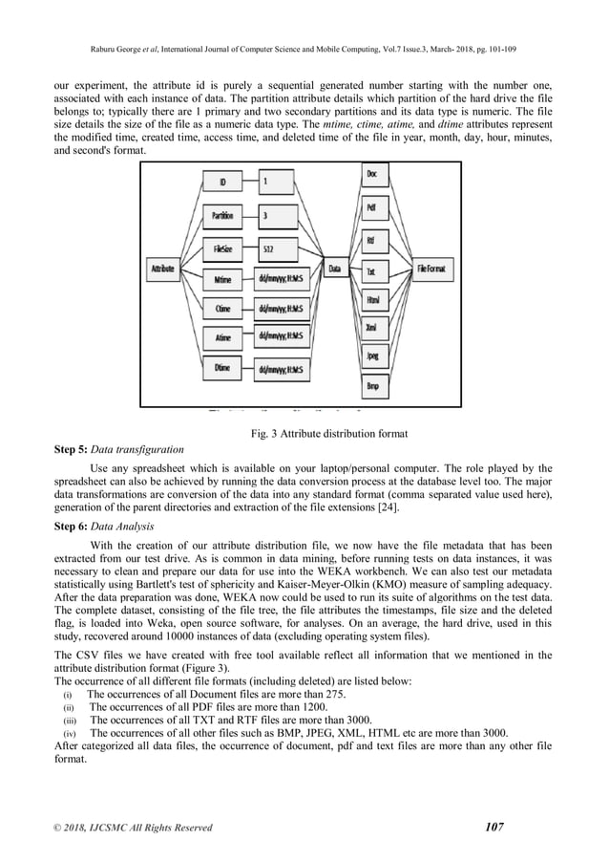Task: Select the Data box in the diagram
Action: [336, 269]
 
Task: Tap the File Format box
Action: [435, 269]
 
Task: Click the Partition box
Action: [224, 215]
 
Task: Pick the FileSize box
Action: [224, 248]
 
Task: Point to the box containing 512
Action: [283, 248]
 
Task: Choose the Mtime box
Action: [224, 279]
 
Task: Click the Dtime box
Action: [224, 367]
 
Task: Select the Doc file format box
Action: [371, 175]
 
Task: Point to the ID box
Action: [224, 182]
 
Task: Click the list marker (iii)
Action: [69, 719]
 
